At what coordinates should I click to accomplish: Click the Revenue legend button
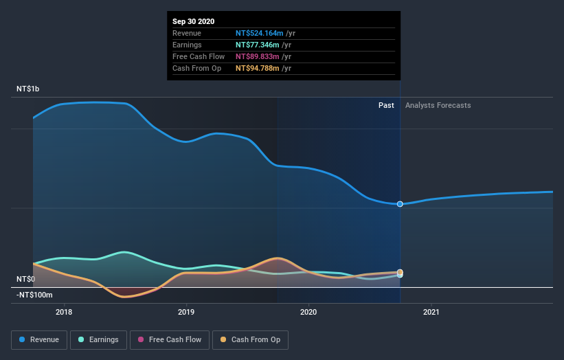tap(40, 339)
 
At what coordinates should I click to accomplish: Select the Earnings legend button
tap(98, 339)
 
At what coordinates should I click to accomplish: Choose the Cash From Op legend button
tap(251, 339)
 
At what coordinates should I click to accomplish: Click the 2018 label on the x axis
tap(64, 313)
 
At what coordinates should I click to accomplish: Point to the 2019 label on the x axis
tap(186, 313)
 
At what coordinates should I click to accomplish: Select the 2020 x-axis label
tap(308, 313)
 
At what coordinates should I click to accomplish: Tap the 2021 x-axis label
tap(431, 313)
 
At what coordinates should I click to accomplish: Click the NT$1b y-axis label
tap(28, 89)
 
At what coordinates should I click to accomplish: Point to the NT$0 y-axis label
tap(25, 279)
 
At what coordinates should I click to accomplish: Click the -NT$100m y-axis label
tap(34, 295)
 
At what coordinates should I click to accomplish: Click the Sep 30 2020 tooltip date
tap(194, 21)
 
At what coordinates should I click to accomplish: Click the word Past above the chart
tap(386, 105)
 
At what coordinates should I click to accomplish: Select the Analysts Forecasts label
tap(438, 105)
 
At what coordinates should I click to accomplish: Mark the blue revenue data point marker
tap(400, 204)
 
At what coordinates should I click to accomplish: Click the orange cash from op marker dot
tap(400, 272)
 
